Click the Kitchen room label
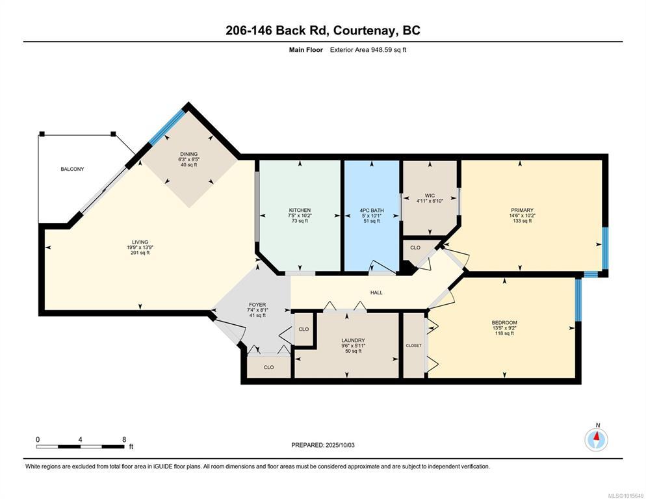300,210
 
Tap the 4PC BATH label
372,210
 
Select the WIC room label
430,196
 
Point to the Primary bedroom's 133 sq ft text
523,221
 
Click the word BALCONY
72,169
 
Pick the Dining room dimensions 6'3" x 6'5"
189,159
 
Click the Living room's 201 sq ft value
140,253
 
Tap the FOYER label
257,305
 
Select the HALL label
376,292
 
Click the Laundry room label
353,340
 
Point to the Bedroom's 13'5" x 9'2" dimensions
504,328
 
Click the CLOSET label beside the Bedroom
413,345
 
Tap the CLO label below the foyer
268,367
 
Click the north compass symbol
596,440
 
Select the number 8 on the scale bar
124,440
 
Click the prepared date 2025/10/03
340,445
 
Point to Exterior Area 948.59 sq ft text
368,50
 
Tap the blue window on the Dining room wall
167,127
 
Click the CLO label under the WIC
415,248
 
